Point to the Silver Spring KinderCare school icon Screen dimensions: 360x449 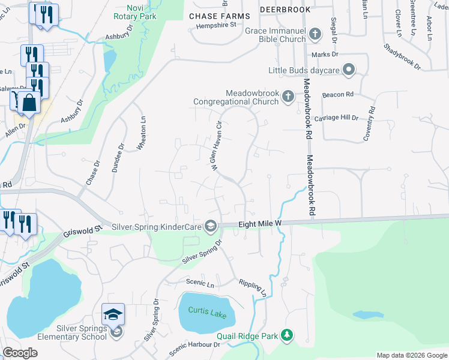pos(211,227)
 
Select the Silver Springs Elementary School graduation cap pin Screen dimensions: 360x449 pos(113,314)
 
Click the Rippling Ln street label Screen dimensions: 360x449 pos(253,287)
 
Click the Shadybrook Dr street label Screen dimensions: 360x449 pos(402,55)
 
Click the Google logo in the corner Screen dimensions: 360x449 pos(20,353)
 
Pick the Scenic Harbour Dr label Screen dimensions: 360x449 pos(194,345)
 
